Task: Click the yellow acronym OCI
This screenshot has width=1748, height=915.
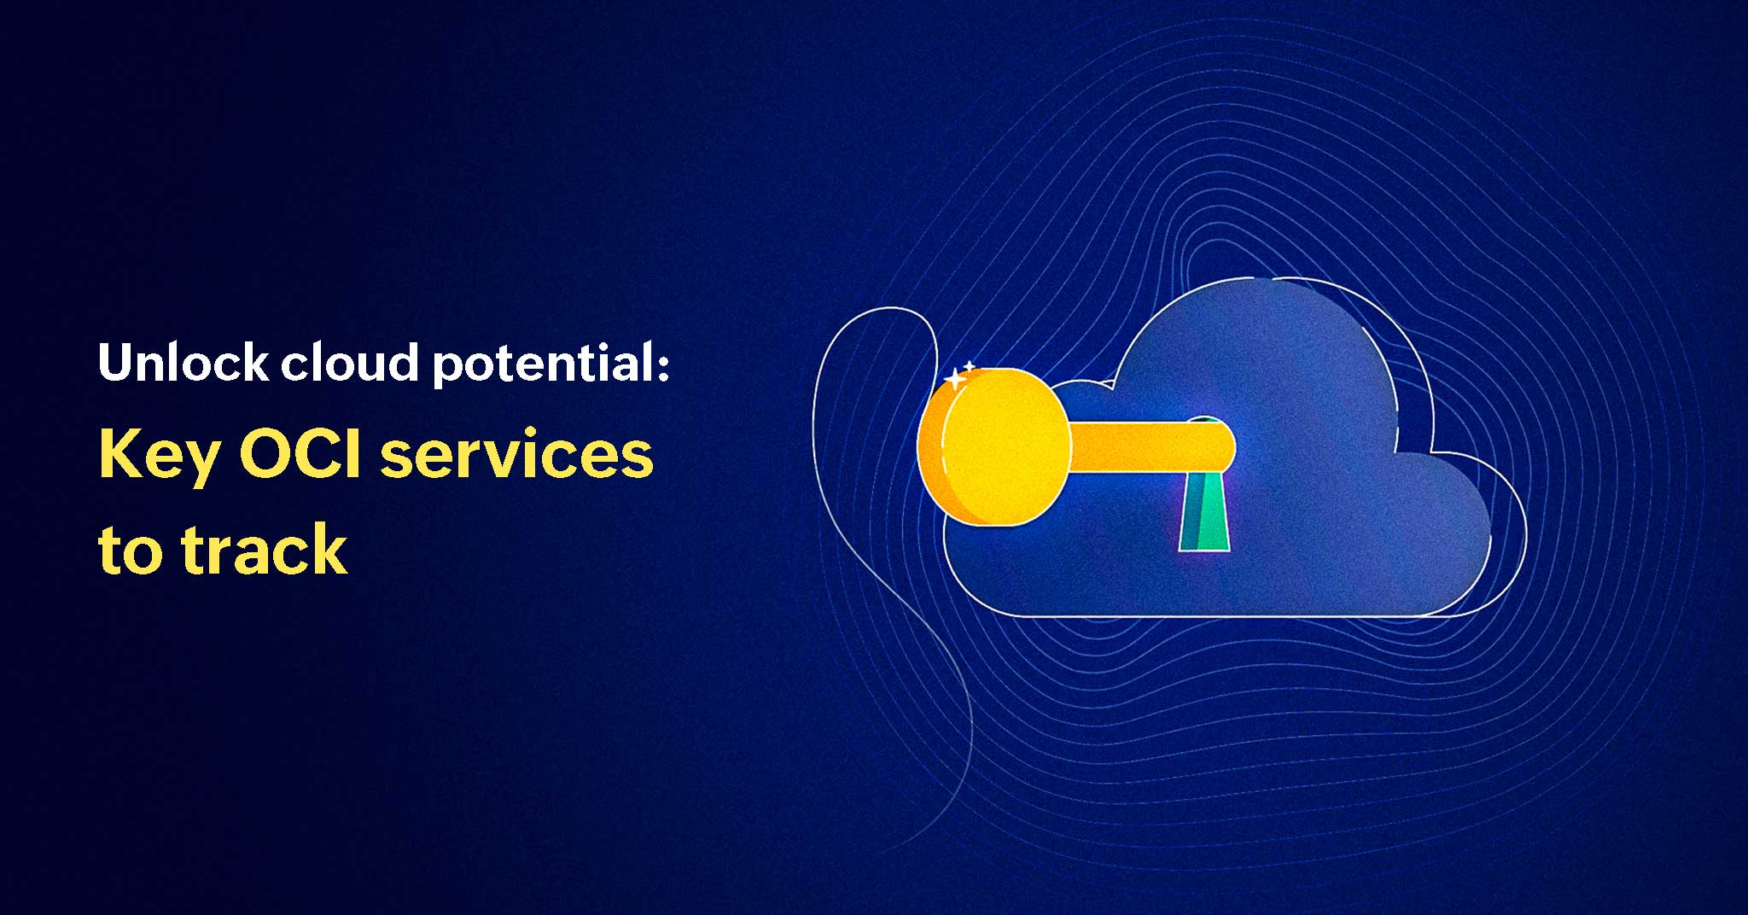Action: point(303,453)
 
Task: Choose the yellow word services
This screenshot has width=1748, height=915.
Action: point(517,456)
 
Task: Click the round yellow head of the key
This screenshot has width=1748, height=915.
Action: point(1006,445)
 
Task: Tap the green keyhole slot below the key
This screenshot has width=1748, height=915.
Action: point(1204,512)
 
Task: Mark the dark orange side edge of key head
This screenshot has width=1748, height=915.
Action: point(934,452)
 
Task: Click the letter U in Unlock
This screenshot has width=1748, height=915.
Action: point(115,362)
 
